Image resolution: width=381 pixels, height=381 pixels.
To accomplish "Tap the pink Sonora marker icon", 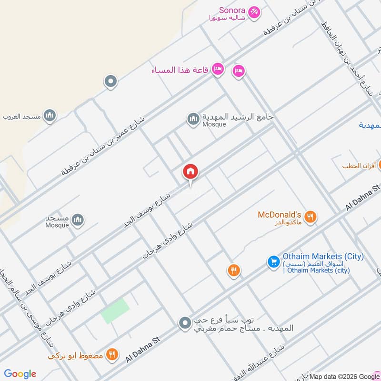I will (254, 12).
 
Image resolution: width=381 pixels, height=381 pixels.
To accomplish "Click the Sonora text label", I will (232, 10).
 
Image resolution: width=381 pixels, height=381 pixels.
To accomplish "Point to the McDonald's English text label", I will (280, 215).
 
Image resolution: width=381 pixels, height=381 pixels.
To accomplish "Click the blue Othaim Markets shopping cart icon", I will (273, 262).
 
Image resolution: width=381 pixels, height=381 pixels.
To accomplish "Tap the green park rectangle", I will (115, 311).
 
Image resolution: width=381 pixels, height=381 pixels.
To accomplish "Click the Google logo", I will (20, 374).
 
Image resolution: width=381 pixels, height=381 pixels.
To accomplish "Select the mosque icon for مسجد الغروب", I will (50, 115).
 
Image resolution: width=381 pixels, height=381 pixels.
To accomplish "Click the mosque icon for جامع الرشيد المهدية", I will (193, 119).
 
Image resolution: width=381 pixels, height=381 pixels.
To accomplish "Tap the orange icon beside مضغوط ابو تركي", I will (111, 354).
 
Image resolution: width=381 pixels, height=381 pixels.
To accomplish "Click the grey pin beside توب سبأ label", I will (185, 324).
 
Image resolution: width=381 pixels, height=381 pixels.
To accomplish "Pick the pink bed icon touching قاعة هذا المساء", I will (218, 70).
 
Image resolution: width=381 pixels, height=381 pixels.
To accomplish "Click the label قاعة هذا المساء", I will (180, 70).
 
